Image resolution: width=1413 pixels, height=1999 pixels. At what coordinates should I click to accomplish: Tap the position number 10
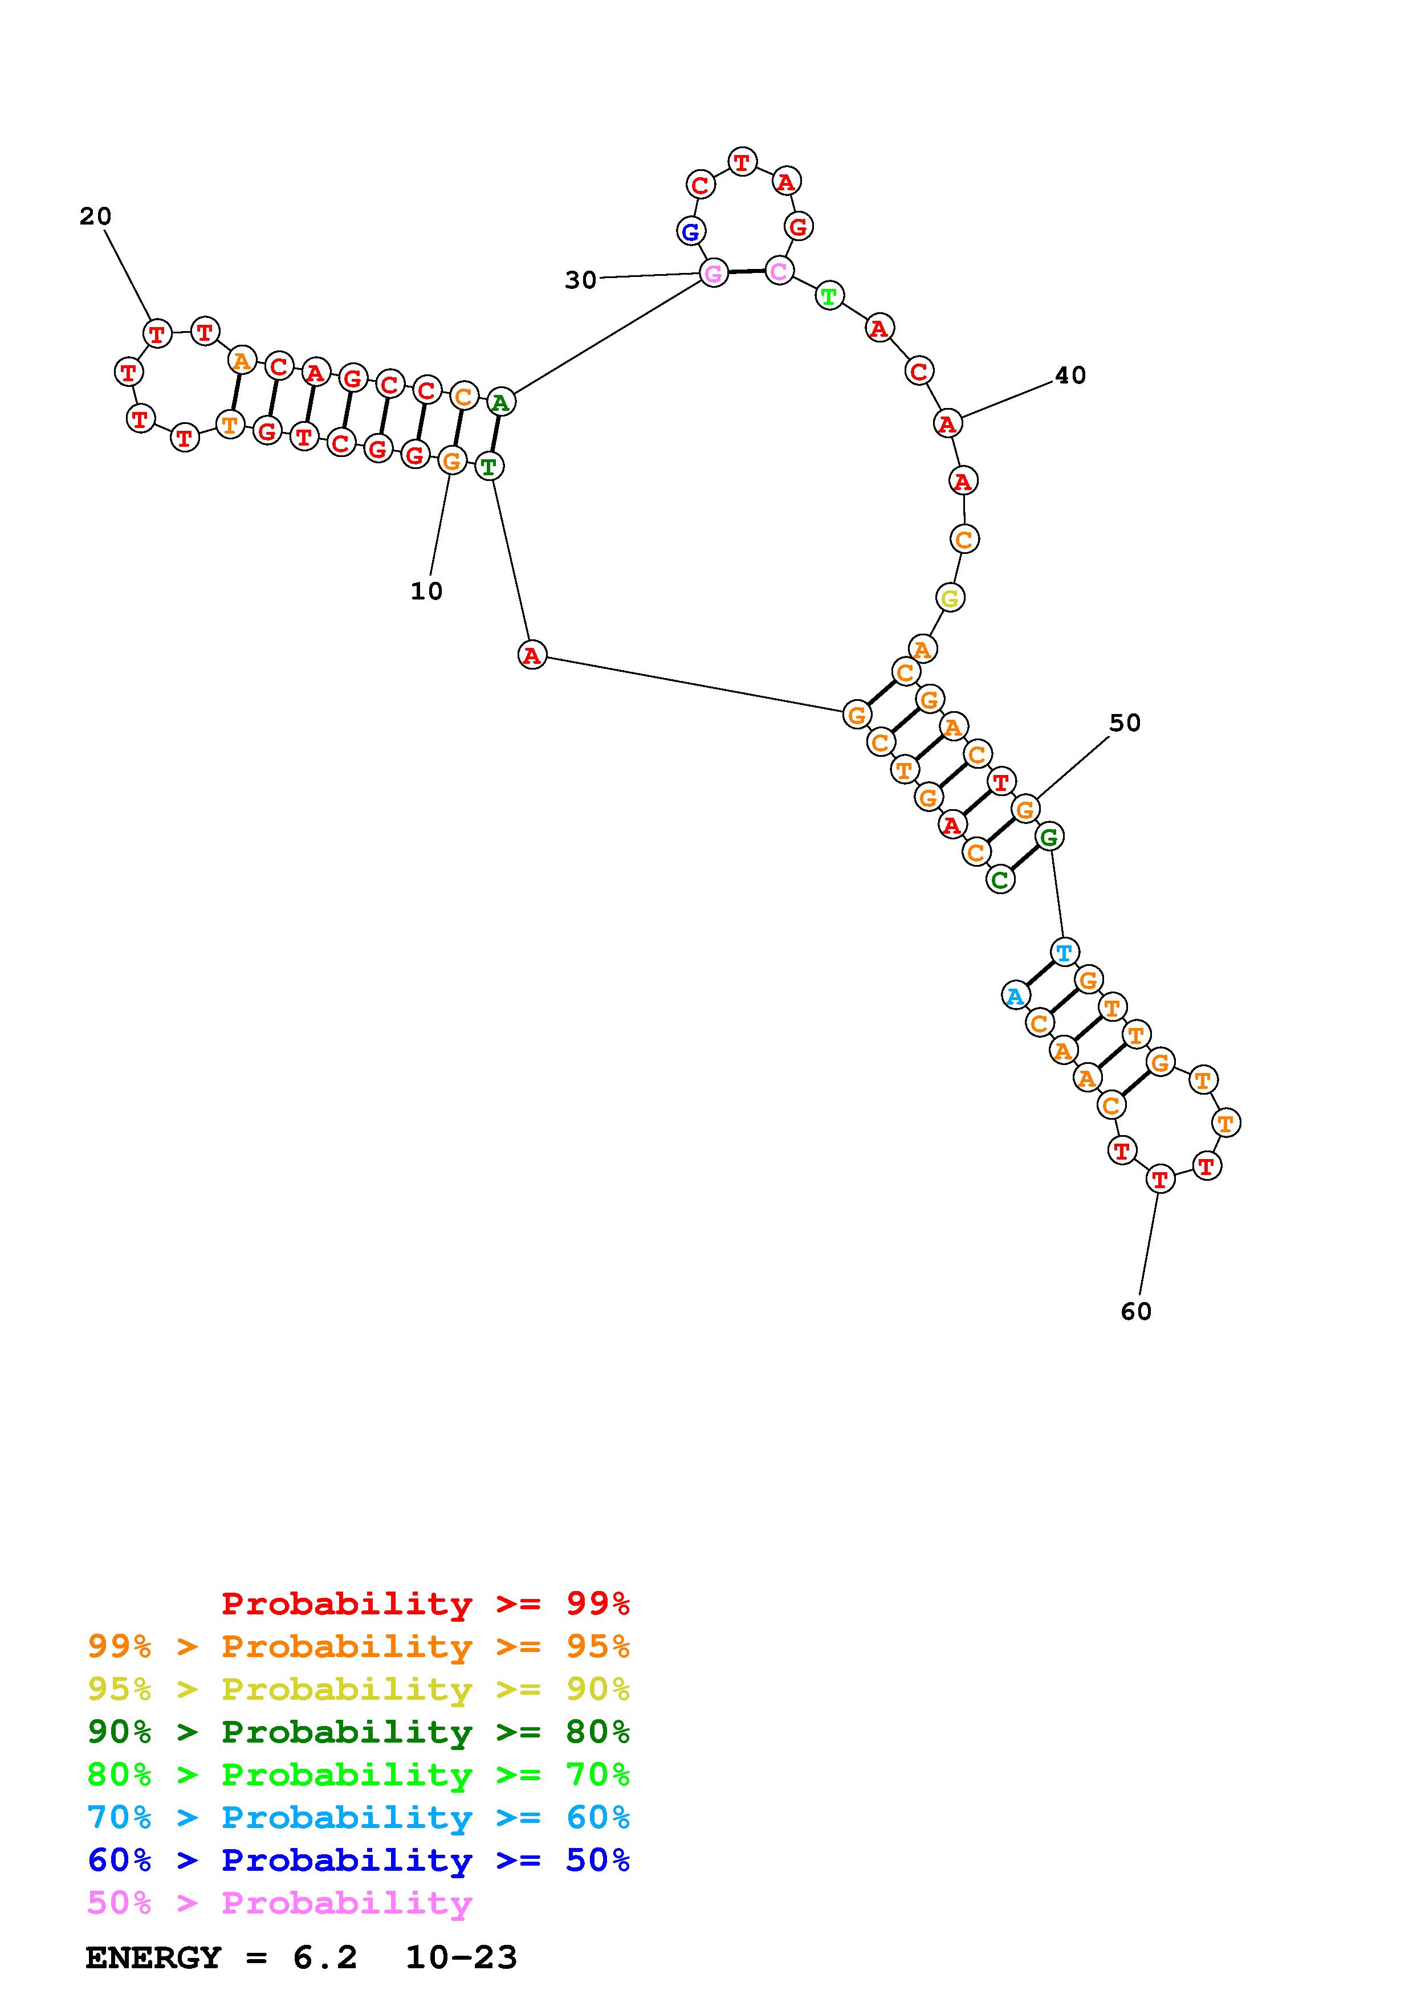pyautogui.click(x=426, y=591)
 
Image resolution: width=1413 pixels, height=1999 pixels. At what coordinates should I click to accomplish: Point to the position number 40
pyautogui.click(x=1070, y=376)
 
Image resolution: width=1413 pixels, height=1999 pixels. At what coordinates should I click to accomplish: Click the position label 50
pyautogui.click(x=1124, y=723)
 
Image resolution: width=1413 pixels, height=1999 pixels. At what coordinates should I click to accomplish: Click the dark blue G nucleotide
pyautogui.click(x=690, y=231)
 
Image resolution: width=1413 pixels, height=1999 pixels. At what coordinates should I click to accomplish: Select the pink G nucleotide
pyautogui.click(x=713, y=274)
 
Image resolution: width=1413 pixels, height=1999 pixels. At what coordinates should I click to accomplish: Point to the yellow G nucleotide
pyautogui.click(x=949, y=598)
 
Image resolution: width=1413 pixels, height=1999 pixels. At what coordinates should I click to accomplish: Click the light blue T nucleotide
pyautogui.click(x=1064, y=952)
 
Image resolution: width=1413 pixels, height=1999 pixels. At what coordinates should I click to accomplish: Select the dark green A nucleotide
pyautogui.click(x=500, y=402)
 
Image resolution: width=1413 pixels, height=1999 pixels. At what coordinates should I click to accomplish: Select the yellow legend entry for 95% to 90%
pyautogui.click(x=359, y=1688)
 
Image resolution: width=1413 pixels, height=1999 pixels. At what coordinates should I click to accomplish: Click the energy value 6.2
pyautogui.click(x=325, y=1957)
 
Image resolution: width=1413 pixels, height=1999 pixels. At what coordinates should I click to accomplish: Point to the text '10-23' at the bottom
pyautogui.click(x=462, y=1957)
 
